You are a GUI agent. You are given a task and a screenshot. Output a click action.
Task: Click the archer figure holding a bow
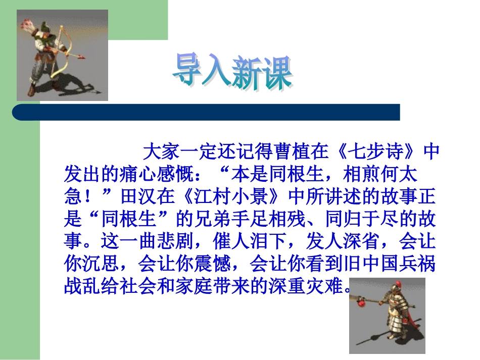point(56,56)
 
